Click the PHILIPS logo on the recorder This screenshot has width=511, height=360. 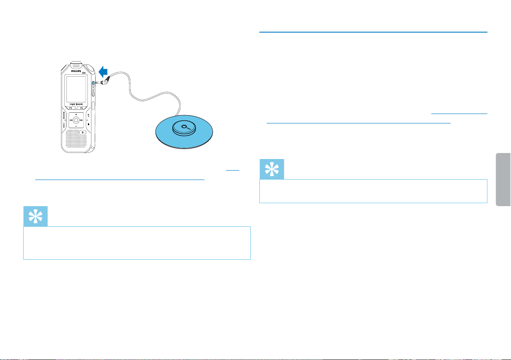75,72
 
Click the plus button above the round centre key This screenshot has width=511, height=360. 75,115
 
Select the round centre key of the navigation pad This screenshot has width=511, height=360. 75,121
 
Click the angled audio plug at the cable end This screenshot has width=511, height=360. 104,79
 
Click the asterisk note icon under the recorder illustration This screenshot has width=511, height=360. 35,217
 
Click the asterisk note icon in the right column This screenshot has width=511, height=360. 272,169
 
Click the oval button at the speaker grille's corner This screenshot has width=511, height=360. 82,132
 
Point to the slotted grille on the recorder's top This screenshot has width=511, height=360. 75,66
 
